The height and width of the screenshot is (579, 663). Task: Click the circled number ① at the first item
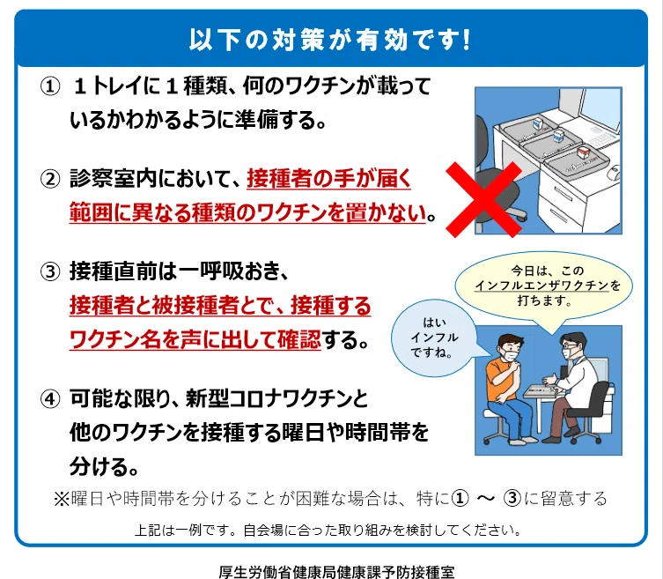[x=50, y=86]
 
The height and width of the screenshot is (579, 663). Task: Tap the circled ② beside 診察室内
[x=50, y=179]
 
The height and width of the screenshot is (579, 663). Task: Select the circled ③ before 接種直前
[x=50, y=271]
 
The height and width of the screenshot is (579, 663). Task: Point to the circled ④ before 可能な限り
[x=50, y=399]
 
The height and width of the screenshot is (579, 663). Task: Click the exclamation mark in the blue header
[x=466, y=40]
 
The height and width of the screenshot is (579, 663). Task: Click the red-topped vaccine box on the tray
[x=584, y=152]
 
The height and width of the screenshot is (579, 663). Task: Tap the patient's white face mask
[x=511, y=354]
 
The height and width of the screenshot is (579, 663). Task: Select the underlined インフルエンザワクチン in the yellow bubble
[x=541, y=286]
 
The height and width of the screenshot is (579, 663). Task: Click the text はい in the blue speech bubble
[x=434, y=323]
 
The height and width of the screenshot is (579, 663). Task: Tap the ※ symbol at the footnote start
[x=62, y=499]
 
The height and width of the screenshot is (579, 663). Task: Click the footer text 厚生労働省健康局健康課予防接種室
[x=336, y=572]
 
